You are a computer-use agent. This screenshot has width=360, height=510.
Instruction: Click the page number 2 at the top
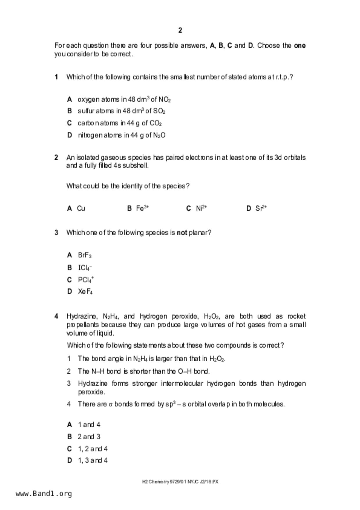tap(180, 30)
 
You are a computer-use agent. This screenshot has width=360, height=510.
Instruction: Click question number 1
tap(56, 77)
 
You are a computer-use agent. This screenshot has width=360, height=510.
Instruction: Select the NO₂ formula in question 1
tap(164, 100)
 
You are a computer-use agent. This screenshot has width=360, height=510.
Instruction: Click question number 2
tap(56, 158)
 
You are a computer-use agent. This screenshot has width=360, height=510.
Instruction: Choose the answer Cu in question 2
tap(81, 208)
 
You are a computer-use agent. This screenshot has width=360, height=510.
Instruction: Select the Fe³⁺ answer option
tap(142, 208)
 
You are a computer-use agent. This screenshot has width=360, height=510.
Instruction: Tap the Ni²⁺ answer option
tap(201, 208)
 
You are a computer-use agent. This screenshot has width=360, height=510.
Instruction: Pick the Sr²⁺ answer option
tap(261, 208)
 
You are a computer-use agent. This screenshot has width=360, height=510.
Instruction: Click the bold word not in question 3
tap(182, 233)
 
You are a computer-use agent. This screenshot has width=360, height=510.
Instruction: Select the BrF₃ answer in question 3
tap(85, 255)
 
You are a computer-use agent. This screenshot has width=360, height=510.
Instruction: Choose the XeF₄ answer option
tap(85, 291)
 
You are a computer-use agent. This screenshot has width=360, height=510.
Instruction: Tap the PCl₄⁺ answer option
tap(86, 280)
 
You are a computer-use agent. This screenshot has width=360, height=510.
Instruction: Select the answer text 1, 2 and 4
tap(93, 449)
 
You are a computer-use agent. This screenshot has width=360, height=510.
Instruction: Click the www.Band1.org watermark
tap(44, 494)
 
